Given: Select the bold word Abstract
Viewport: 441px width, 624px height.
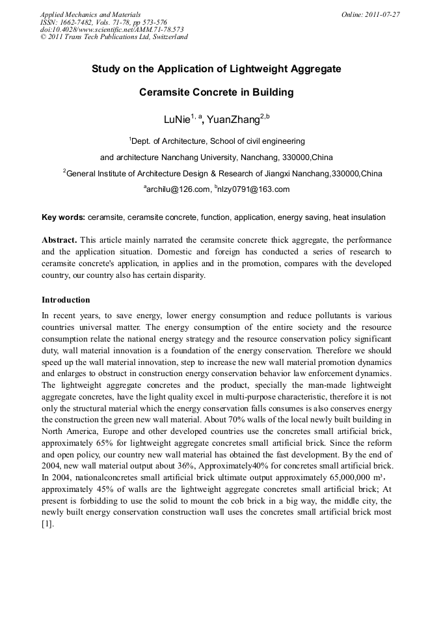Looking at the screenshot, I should pos(59,240).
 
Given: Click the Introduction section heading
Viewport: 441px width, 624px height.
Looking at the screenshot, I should pos(66,300).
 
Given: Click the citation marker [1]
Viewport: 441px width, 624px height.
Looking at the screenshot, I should pos(47,522).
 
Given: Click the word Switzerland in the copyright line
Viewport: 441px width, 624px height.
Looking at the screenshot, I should pos(167,37).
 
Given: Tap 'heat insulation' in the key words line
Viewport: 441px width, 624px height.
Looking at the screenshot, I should pos(360,217).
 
